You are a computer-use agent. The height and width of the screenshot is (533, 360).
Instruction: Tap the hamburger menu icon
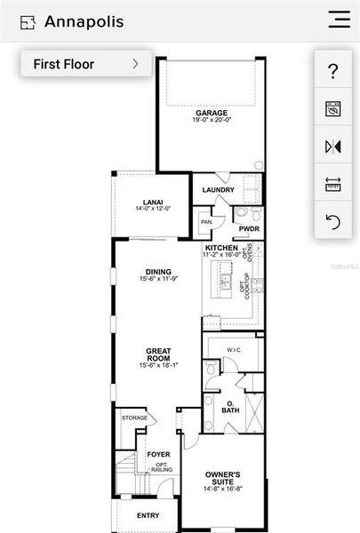(x=339, y=20)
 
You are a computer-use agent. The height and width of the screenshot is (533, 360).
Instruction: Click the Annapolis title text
(x=84, y=21)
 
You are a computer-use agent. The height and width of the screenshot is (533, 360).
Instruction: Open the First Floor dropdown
(x=85, y=63)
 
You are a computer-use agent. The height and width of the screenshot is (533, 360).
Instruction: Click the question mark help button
(x=333, y=71)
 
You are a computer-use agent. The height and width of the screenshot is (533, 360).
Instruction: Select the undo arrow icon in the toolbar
(x=333, y=221)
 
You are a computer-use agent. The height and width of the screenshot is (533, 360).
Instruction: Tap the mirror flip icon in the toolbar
(x=333, y=147)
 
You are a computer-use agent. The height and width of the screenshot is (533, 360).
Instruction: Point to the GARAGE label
(x=212, y=113)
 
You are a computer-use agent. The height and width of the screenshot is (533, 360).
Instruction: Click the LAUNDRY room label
(x=218, y=190)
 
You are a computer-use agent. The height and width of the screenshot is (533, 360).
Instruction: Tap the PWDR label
(x=248, y=228)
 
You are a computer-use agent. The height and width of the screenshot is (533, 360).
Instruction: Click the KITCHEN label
(x=221, y=248)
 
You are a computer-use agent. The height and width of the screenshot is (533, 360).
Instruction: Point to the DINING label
(x=158, y=273)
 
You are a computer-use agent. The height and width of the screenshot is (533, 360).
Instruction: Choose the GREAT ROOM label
(x=158, y=354)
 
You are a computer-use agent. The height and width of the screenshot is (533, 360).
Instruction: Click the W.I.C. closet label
(x=236, y=349)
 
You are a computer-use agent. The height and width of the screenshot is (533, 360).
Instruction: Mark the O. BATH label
(x=230, y=407)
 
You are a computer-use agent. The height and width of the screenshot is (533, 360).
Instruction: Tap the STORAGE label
(x=134, y=417)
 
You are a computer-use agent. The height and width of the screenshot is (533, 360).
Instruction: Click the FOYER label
(x=158, y=454)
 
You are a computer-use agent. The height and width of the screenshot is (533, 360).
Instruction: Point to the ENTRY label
(x=148, y=515)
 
